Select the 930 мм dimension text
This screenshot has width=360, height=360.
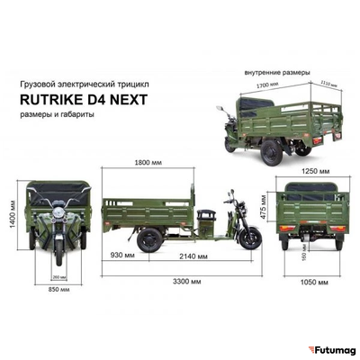click(x=122, y=256)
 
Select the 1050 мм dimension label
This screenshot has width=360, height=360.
click(x=311, y=282)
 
